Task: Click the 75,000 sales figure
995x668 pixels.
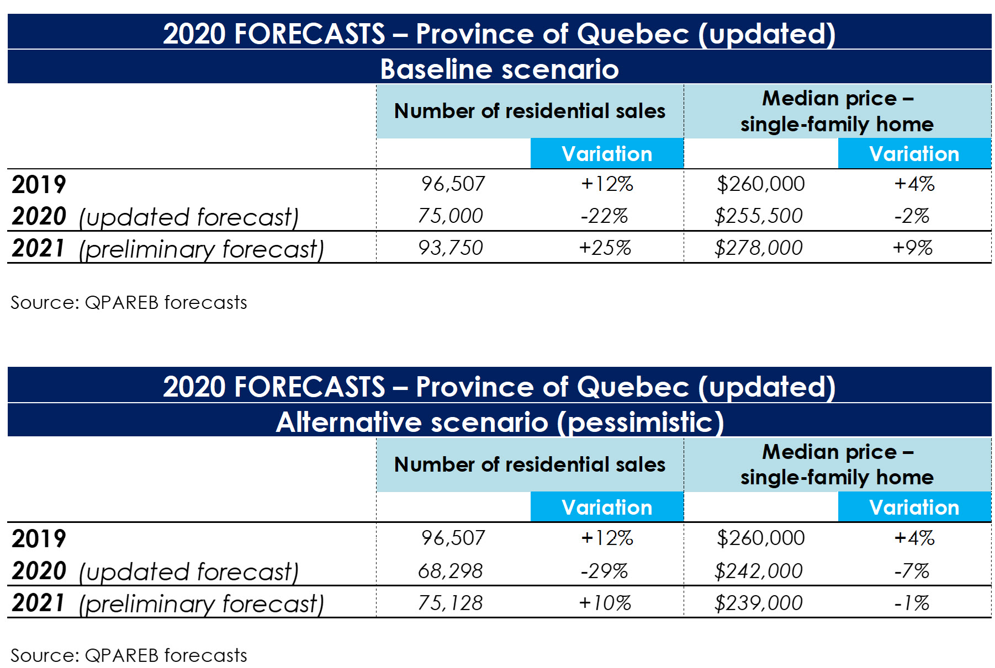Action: point(450,216)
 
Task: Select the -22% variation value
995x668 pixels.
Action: point(604,216)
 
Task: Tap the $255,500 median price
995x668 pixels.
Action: point(758,216)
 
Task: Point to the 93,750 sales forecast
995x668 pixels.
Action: point(450,248)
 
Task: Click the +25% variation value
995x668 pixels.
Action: point(605,248)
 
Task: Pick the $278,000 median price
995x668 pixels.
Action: point(758,248)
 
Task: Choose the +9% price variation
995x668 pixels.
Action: point(912,248)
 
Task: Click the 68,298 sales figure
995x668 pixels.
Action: point(450,571)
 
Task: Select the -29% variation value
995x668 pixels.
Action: point(604,571)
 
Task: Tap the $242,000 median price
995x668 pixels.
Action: point(758,571)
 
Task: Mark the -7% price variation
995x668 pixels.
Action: point(912,571)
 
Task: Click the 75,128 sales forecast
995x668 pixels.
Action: point(450,603)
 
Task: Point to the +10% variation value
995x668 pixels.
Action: point(605,603)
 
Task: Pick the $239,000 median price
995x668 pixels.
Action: point(758,603)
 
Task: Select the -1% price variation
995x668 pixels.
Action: point(912,603)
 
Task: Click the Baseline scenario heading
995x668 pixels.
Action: point(499,69)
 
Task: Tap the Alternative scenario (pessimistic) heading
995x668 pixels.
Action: point(499,422)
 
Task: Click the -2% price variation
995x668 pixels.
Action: point(912,216)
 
